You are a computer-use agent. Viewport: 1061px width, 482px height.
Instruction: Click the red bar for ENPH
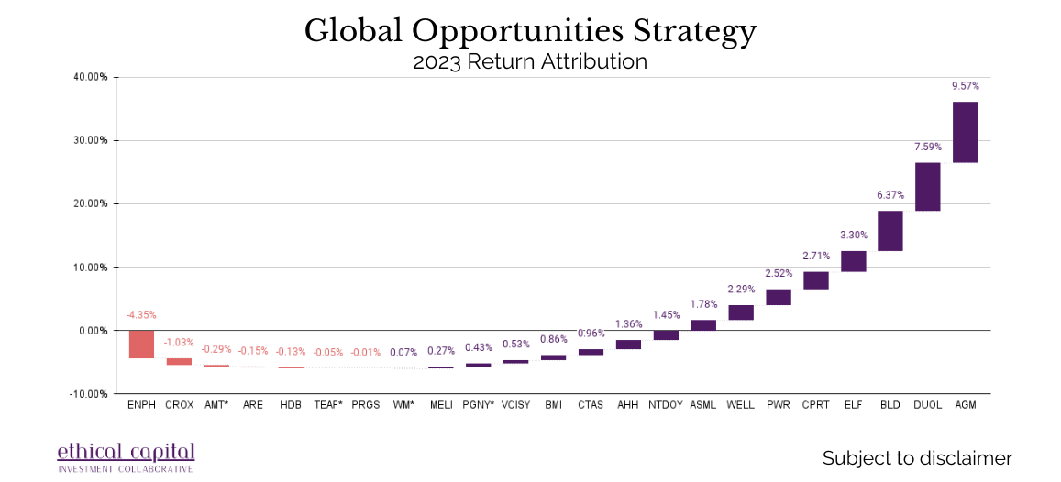pos(141,345)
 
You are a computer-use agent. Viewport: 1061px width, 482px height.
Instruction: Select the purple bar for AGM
pos(966,132)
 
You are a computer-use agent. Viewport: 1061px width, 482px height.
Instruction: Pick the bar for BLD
pos(890,231)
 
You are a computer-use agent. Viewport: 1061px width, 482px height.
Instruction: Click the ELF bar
pos(853,261)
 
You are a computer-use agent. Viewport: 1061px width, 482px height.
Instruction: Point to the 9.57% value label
pos(966,86)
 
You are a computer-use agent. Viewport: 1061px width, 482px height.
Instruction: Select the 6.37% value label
pos(890,195)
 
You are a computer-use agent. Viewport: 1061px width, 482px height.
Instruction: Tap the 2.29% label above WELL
pos(741,290)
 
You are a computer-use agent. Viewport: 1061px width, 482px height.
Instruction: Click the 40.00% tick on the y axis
pos(91,77)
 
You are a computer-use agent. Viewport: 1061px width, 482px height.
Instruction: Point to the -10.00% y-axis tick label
pos(89,394)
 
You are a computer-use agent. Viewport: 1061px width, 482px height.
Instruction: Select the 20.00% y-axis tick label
pos(91,203)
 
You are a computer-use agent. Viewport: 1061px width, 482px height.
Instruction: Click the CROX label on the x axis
pos(179,404)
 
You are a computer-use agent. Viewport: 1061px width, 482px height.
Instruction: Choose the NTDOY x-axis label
pos(666,404)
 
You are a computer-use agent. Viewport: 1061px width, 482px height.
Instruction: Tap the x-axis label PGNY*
pos(479,404)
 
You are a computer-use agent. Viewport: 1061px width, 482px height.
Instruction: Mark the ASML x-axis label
pos(703,404)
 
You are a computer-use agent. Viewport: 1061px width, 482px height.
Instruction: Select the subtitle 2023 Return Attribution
pos(530,62)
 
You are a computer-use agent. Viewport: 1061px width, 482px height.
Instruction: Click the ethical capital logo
pos(126,455)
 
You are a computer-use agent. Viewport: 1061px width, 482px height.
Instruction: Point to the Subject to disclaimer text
pos(917,458)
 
